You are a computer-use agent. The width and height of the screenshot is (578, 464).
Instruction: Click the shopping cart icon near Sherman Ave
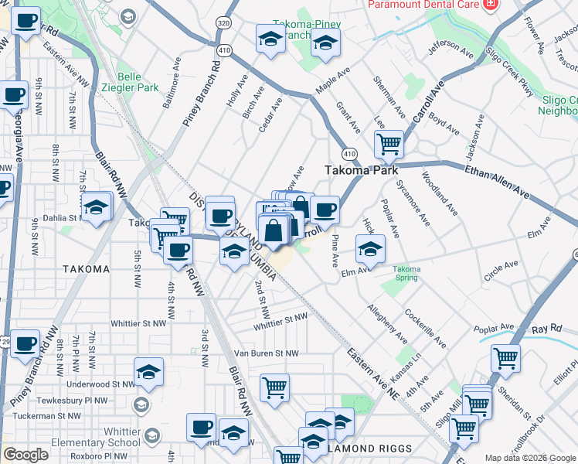(389, 143)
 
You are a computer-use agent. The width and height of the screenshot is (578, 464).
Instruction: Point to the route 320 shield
(224, 24)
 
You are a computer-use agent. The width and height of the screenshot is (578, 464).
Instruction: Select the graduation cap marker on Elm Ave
(370, 249)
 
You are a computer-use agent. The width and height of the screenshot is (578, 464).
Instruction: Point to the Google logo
(26, 454)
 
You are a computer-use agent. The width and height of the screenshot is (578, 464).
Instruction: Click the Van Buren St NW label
(266, 353)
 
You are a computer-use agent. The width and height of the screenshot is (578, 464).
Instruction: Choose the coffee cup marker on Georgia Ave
(13, 95)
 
